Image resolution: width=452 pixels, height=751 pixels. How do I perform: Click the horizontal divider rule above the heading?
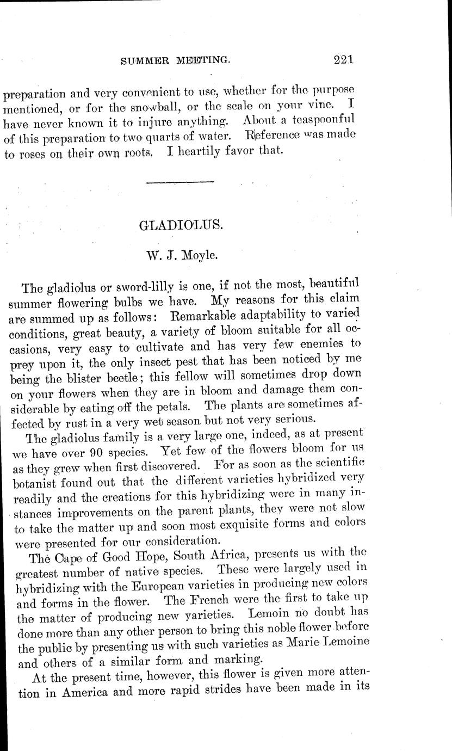click(x=181, y=181)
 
